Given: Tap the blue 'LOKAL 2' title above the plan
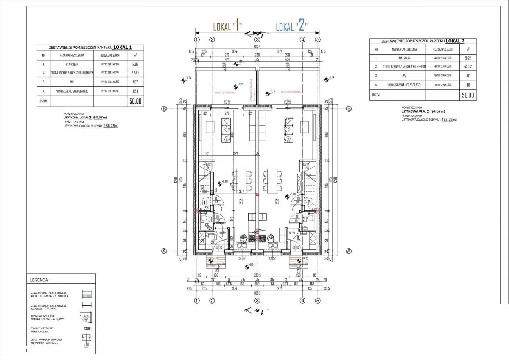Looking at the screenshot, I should click(x=291, y=27).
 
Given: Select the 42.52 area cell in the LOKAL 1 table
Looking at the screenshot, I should click(x=135, y=73).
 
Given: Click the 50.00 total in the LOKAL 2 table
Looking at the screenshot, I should click(x=468, y=96).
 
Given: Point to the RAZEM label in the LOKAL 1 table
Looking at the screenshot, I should click(x=43, y=101).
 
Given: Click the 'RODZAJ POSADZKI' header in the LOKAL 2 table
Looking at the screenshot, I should click(x=442, y=49).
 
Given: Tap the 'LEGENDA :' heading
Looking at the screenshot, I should click(x=40, y=281).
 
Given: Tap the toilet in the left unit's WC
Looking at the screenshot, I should click(x=203, y=219).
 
